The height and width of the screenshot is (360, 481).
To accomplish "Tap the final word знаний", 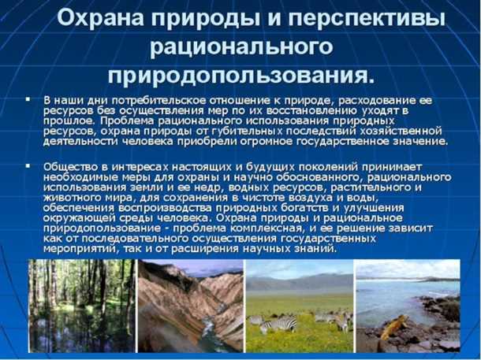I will click(315, 248).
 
